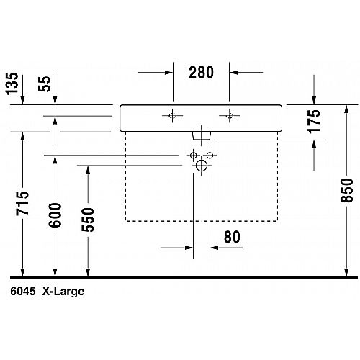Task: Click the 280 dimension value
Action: coord(201,72)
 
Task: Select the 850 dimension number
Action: coord(347,190)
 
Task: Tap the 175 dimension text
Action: coord(314,122)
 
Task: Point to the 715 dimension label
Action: coord(22,203)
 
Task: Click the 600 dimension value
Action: coord(55,215)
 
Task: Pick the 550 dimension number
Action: coord(88,220)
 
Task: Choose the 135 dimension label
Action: coord(12,84)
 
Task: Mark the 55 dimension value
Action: coord(45,84)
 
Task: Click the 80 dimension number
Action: coord(232,237)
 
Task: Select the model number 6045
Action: coord(23,292)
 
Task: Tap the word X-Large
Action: coord(63,292)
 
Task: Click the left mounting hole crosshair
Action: coord(172,116)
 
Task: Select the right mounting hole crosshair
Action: coord(229,116)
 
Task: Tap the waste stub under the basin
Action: coord(202,135)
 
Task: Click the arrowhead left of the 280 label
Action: coord(168,72)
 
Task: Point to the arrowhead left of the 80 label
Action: coord(189,248)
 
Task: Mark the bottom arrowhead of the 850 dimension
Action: coord(346,272)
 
